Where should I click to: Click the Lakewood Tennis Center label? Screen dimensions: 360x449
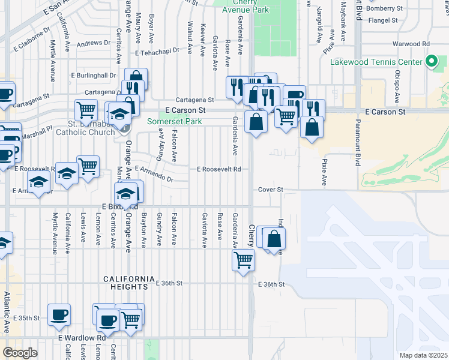click(x=376, y=62)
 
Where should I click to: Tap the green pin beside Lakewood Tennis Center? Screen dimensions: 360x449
click(x=431, y=61)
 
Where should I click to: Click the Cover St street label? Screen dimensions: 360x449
click(x=270, y=190)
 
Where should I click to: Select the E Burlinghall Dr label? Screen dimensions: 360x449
click(x=93, y=76)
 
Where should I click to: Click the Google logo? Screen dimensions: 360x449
click(x=20, y=353)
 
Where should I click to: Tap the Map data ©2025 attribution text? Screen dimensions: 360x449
click(x=423, y=355)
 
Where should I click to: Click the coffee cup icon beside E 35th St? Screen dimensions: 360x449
click(x=59, y=315)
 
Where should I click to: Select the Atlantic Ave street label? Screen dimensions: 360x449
click(x=7, y=312)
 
